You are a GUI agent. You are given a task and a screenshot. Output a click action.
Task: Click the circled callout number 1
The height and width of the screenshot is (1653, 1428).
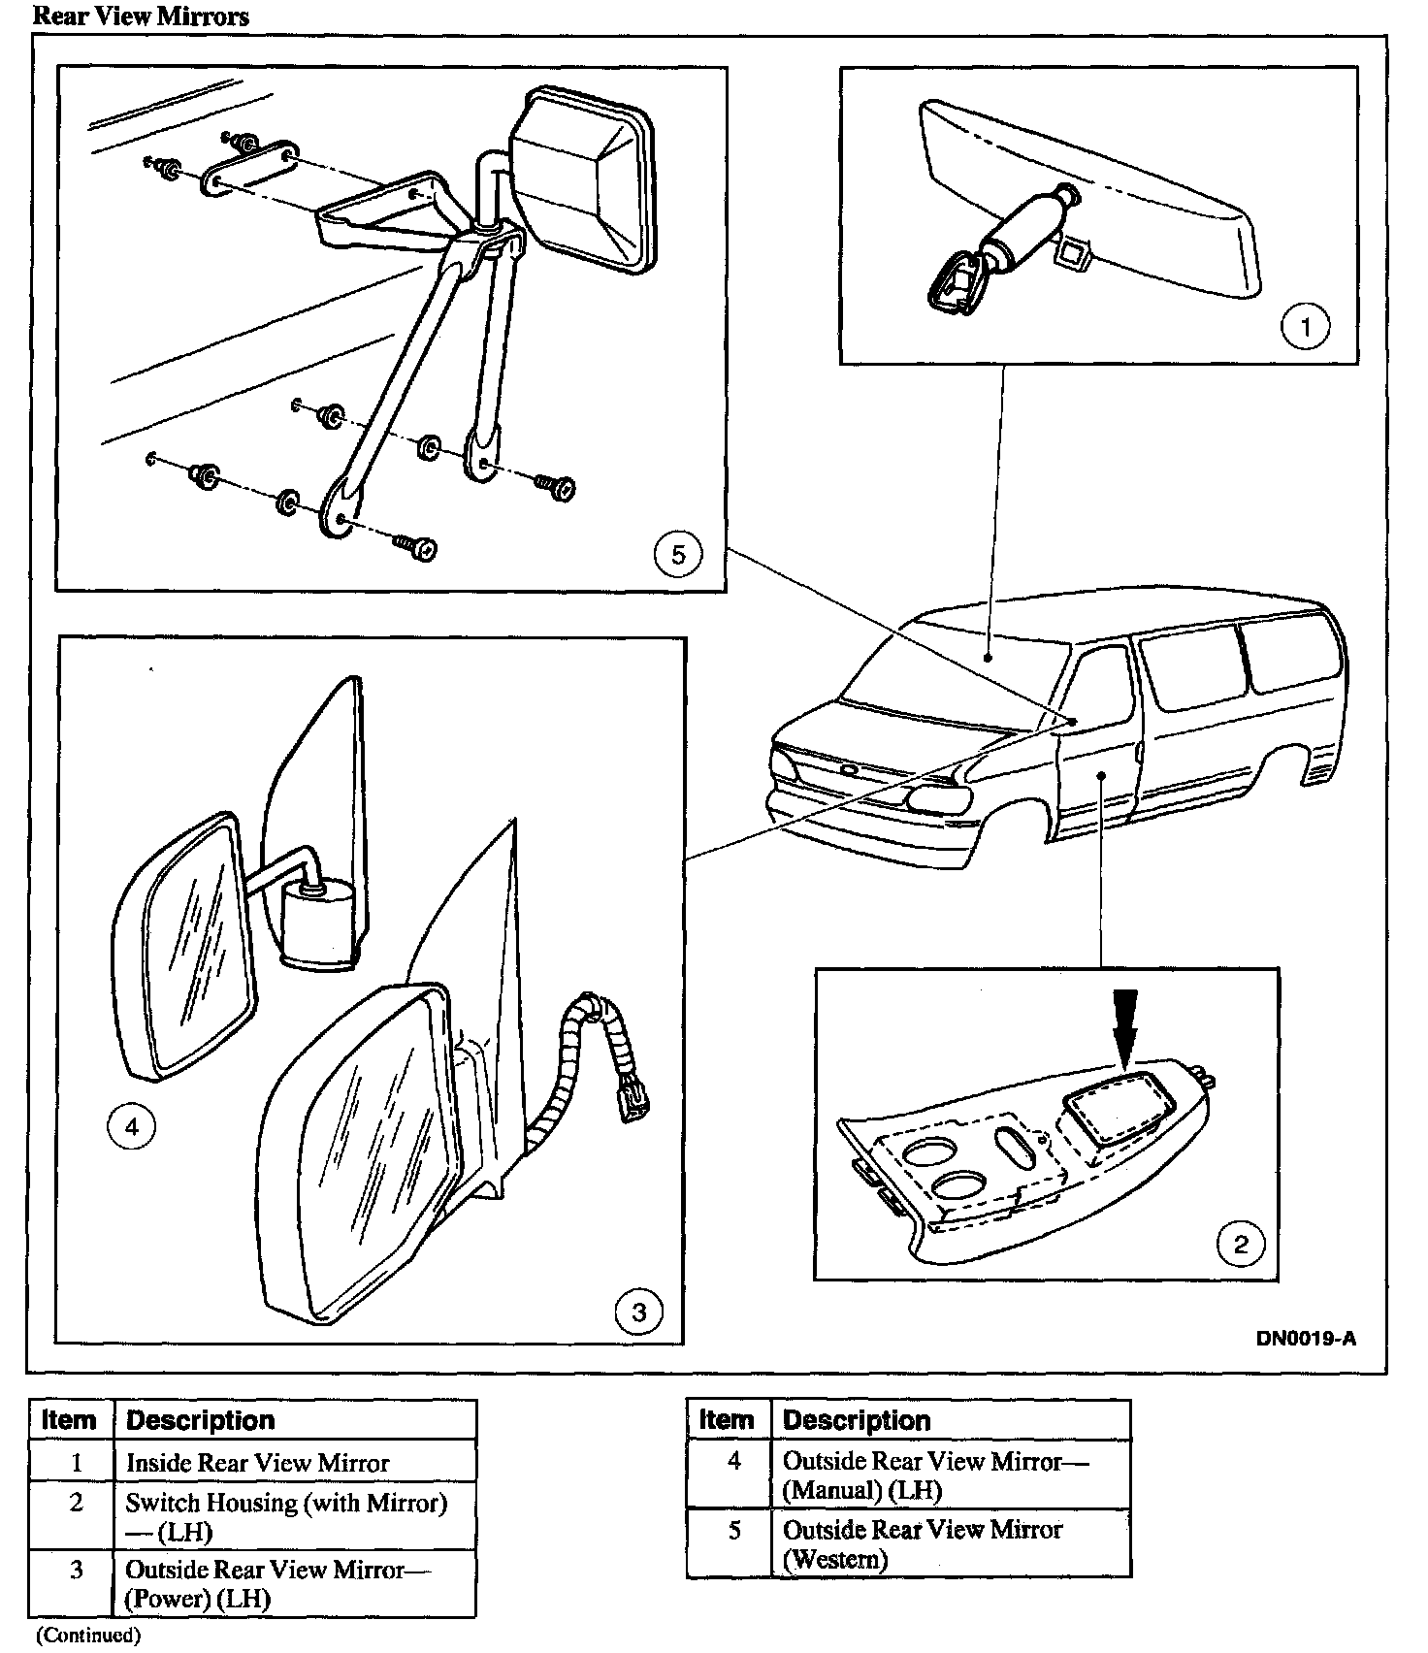pyautogui.click(x=1305, y=327)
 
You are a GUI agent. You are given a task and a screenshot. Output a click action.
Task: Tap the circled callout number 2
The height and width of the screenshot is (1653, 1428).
pyautogui.click(x=1241, y=1245)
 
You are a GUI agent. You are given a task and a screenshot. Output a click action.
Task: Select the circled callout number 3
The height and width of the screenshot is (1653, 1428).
pyautogui.click(x=638, y=1313)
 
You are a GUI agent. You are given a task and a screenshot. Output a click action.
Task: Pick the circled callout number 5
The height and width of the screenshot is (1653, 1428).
pyautogui.click(x=677, y=555)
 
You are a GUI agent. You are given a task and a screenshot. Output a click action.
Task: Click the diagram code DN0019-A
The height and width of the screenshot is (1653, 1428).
pyautogui.click(x=1306, y=1340)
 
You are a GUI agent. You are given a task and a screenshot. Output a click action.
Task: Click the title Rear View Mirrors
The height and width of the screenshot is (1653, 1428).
pyautogui.click(x=141, y=16)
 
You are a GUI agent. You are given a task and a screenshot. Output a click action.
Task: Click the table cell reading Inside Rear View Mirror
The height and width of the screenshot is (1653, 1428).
pyautogui.click(x=295, y=1463)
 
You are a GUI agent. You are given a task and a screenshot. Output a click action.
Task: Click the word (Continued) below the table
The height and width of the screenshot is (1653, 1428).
pyautogui.click(x=88, y=1636)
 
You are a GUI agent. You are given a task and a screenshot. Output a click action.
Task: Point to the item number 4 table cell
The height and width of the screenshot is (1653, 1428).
pyautogui.click(x=734, y=1461)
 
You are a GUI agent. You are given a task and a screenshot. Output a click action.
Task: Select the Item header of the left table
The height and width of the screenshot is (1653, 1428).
pyautogui.click(x=70, y=1420)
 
